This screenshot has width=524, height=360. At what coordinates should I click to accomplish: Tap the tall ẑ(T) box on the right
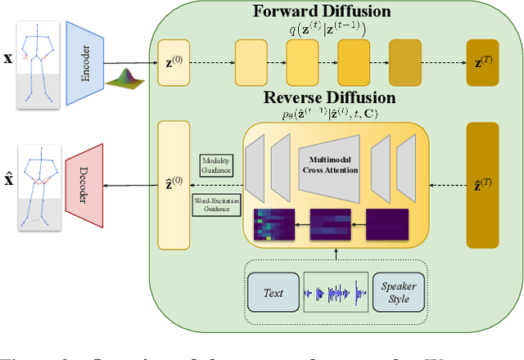tap(481, 186)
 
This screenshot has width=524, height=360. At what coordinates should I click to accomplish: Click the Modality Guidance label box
tap(215, 165)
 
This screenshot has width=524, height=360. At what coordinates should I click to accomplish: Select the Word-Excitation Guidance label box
tap(215, 205)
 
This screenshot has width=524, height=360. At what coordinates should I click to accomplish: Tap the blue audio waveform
tap(336, 292)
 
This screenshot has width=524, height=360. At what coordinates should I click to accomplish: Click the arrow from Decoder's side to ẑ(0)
tap(131, 185)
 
